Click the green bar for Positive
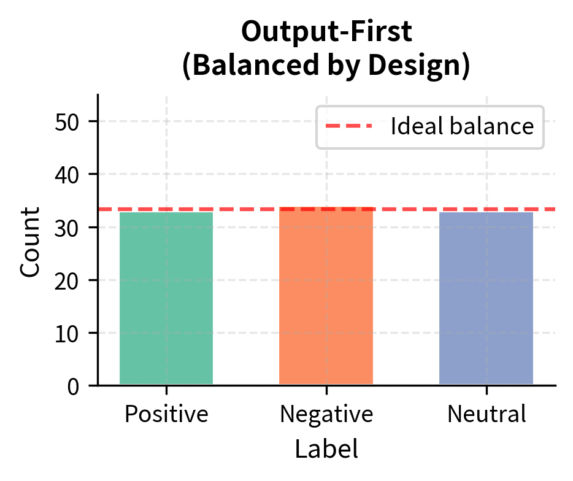pos(166,298)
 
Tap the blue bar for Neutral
pos(486,298)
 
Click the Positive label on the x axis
pos(166,415)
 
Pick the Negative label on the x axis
pos(326,415)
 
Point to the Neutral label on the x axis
pos(486,415)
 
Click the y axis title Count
pos(30,240)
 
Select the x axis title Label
pos(326,449)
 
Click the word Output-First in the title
pos(326,33)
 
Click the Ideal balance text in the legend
pos(463,126)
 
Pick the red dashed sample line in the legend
pos(348,126)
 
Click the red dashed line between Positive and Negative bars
pos(246,209)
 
